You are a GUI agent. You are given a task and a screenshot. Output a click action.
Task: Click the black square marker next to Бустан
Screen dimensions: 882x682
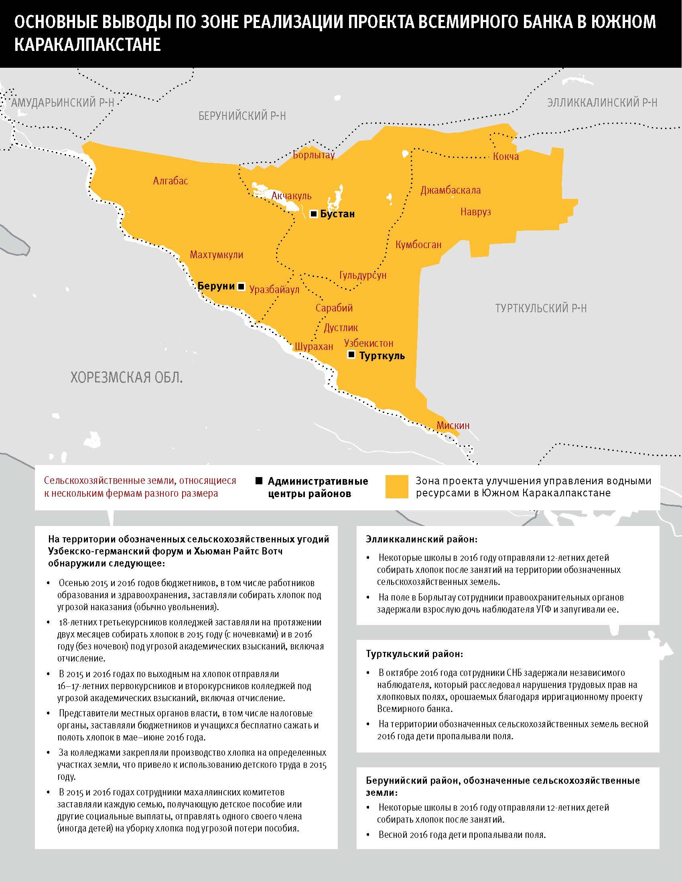coord(314,214)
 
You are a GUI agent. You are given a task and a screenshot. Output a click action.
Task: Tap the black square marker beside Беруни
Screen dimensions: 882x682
coord(242,287)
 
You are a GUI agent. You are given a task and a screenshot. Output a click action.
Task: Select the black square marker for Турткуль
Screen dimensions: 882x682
coord(351,355)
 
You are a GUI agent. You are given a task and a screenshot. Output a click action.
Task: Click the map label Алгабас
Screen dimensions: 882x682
coord(170,181)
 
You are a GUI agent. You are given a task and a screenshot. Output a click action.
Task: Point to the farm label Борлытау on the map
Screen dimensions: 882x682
coord(314,155)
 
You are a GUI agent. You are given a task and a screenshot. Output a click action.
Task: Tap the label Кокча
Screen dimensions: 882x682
coord(506,156)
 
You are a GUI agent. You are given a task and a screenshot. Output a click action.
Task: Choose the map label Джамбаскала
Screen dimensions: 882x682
coord(451,190)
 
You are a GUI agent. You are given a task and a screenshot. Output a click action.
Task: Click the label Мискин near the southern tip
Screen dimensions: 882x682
coord(453,425)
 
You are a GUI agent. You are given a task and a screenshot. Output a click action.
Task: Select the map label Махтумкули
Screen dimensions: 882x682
coord(217,255)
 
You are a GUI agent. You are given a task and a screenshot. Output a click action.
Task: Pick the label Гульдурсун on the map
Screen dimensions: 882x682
coord(363,275)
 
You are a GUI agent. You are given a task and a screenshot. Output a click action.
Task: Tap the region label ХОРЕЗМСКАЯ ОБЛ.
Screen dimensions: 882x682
coord(127,378)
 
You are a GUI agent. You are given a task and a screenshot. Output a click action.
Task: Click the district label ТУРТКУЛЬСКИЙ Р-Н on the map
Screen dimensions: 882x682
coord(541,309)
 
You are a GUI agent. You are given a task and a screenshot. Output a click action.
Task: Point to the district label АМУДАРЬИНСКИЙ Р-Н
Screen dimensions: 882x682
coord(63,103)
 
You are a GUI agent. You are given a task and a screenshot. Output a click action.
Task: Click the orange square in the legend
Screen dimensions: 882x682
coord(397,487)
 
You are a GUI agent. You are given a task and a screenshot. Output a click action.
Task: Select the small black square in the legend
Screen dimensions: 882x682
coord(259,481)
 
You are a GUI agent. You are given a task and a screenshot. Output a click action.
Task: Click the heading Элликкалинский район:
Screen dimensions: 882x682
coord(421,539)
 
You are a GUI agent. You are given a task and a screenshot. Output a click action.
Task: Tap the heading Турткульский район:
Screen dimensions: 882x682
coord(414,653)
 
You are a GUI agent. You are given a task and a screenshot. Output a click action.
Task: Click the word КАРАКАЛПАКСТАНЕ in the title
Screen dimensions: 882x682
coord(88,45)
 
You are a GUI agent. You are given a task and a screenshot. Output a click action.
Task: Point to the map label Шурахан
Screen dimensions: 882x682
coord(314,346)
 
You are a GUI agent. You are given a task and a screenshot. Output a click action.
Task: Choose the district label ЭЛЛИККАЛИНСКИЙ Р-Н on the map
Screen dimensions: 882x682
coord(602,103)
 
